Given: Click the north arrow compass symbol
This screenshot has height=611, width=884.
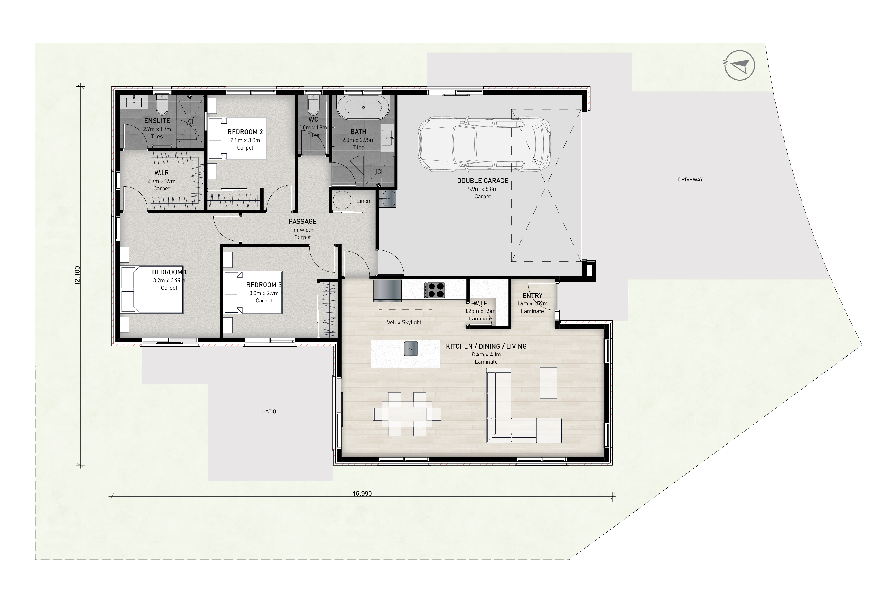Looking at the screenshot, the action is (x=740, y=66).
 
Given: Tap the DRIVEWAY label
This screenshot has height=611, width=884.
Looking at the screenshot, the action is (x=690, y=179).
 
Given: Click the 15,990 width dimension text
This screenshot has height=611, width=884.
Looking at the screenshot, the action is (x=362, y=494).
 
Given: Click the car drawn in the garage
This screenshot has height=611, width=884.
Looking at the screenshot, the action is (x=484, y=144).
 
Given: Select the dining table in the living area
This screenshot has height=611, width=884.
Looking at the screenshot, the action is (x=407, y=414).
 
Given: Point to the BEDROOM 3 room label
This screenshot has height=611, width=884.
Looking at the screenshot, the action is (x=264, y=285).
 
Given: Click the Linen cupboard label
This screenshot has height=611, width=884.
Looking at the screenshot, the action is (x=363, y=201).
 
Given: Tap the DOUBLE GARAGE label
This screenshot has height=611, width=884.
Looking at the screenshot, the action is (x=482, y=181).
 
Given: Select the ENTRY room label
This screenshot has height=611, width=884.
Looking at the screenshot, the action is (x=532, y=296).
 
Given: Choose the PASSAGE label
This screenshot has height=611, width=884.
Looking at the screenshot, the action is (x=303, y=221).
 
